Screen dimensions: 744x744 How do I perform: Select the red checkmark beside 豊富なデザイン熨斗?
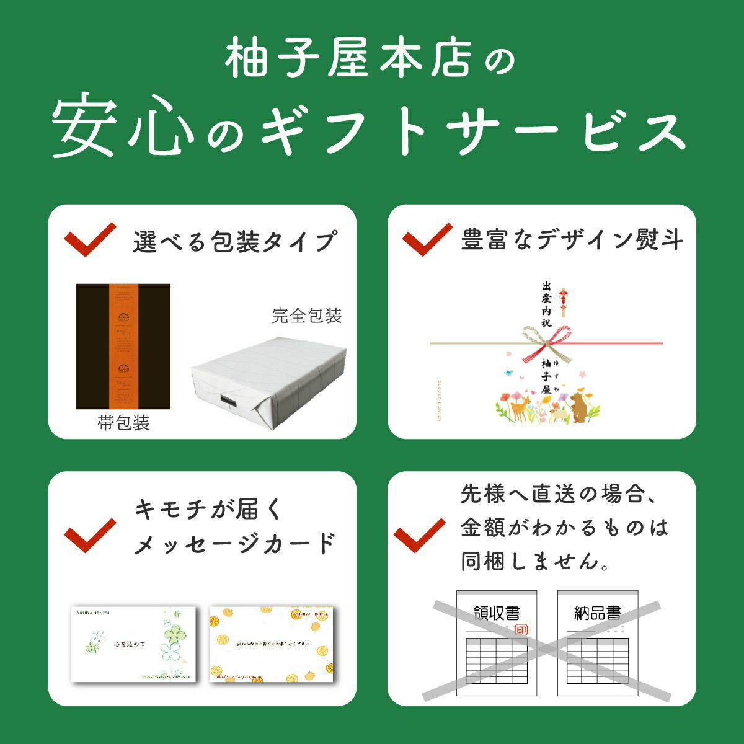coord(427,239)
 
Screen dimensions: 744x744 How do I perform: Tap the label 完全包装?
coord(307,316)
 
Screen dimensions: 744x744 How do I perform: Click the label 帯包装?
coord(124,423)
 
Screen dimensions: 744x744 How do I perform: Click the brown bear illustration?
coord(580,406)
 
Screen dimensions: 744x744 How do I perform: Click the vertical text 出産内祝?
coord(546,304)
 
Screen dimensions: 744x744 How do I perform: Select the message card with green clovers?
coord(133,644)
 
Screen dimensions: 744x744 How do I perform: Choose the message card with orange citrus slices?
coord(271,643)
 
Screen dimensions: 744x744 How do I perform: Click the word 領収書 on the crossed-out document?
coord(496,613)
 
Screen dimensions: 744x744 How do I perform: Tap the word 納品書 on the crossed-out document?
coord(597,613)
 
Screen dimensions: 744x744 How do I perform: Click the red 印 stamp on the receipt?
coord(521,630)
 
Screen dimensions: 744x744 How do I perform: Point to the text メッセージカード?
coord(235,544)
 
